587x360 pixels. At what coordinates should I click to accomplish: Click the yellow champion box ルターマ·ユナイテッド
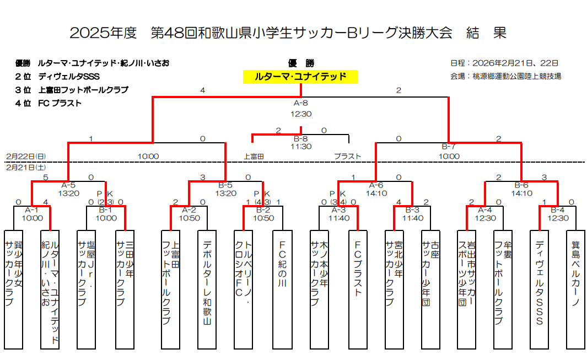point(300,77)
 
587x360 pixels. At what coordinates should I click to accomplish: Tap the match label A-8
point(300,103)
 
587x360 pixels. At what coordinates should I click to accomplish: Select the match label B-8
point(300,138)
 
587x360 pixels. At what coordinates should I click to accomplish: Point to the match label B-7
point(449,147)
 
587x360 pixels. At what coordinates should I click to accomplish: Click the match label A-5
point(68,185)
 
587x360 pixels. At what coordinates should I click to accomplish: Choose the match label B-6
point(521,185)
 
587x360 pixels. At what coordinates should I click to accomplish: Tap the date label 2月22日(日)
point(26,157)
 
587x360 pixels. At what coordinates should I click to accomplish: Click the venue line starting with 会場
point(505,77)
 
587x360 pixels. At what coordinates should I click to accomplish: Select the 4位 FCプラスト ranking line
point(49,103)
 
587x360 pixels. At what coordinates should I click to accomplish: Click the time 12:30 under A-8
point(300,114)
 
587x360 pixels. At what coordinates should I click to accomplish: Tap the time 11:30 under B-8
point(300,147)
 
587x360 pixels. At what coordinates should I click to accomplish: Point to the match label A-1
point(32,210)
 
